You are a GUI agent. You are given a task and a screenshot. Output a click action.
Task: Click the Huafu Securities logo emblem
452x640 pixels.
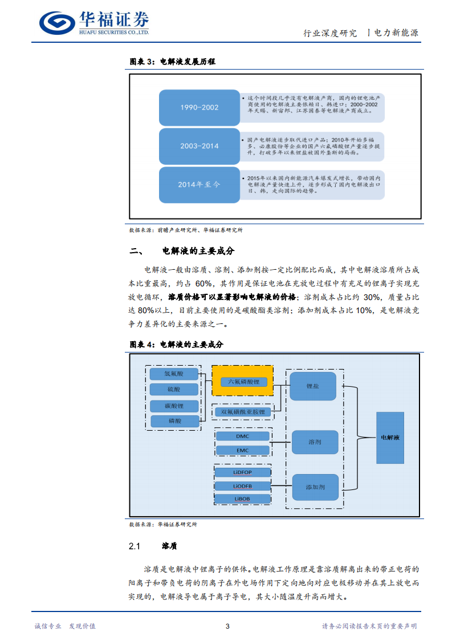(58, 23)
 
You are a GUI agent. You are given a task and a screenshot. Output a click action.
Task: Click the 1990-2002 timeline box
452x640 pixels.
(199, 107)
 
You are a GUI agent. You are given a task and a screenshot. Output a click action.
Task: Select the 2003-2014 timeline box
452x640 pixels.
(199, 146)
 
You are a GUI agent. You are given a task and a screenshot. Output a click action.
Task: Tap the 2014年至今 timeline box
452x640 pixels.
(199, 184)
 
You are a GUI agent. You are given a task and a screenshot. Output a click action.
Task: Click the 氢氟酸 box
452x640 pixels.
(174, 374)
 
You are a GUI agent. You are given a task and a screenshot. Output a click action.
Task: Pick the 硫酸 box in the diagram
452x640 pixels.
(174, 390)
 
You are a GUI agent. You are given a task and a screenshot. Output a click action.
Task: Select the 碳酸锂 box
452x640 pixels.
(174, 406)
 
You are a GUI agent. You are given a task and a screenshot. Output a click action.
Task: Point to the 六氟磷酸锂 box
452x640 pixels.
(243, 381)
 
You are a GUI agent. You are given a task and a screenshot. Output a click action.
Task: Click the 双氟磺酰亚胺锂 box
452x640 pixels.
(243, 411)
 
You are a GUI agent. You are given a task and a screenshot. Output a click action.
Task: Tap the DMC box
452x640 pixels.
(243, 436)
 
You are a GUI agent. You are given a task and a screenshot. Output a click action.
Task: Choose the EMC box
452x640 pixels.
(243, 450)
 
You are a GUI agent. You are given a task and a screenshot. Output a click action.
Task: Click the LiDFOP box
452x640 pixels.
(242, 473)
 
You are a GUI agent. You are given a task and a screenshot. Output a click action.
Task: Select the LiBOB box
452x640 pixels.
(242, 499)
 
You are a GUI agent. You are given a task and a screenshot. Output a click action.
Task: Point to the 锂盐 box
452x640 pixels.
(313, 386)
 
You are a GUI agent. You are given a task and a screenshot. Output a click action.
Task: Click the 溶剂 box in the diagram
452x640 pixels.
(315, 442)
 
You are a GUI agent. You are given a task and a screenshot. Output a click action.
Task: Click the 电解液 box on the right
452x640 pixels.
(390, 438)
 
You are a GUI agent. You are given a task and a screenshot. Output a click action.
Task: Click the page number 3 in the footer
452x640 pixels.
(227, 626)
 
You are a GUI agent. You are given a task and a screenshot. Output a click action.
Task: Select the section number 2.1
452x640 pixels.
(135, 546)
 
